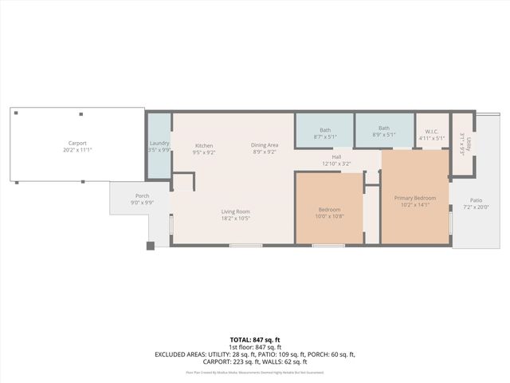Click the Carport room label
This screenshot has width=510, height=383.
coord(77,144)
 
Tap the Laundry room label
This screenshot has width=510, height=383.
coord(159,143)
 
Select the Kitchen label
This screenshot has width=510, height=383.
coord(204,145)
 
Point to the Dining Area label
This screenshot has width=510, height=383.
coord(265,145)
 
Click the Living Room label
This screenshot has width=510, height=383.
coord(236,211)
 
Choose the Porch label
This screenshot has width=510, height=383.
coord(142,196)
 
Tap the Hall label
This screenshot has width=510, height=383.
coord(336,157)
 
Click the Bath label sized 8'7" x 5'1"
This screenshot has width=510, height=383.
coord(325,129)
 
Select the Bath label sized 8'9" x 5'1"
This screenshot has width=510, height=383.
coord(384,128)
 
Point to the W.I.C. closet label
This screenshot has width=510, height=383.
coord(432,132)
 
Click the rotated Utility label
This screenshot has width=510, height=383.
coord(469,144)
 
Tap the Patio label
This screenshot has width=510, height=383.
coord(476,200)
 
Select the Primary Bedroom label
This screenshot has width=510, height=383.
coord(415,198)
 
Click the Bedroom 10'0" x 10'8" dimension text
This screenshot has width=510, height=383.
coord(328,216)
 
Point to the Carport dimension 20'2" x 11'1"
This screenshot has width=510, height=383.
coord(77,150)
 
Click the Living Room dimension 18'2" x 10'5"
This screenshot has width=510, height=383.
coord(236,218)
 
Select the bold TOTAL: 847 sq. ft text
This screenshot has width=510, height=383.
coord(255,340)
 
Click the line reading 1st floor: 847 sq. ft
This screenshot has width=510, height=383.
coord(255,347)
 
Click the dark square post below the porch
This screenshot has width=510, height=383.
coord(150,246)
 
